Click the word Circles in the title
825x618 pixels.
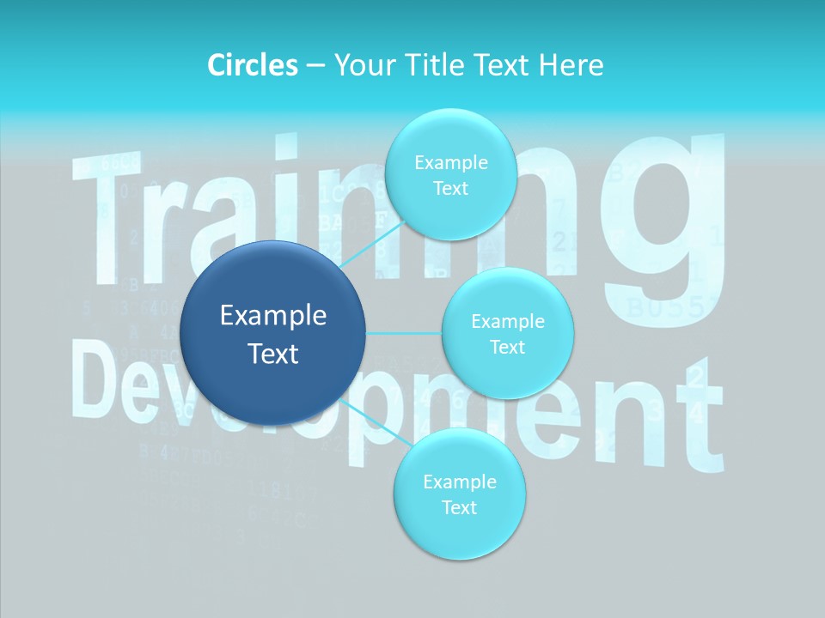(x=253, y=64)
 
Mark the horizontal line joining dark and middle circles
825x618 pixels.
(x=404, y=333)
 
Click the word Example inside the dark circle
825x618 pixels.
(x=273, y=316)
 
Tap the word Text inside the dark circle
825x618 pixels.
(x=273, y=354)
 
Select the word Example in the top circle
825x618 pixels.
(x=450, y=162)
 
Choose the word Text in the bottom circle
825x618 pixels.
(x=459, y=507)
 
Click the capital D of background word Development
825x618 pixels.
(x=103, y=378)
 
